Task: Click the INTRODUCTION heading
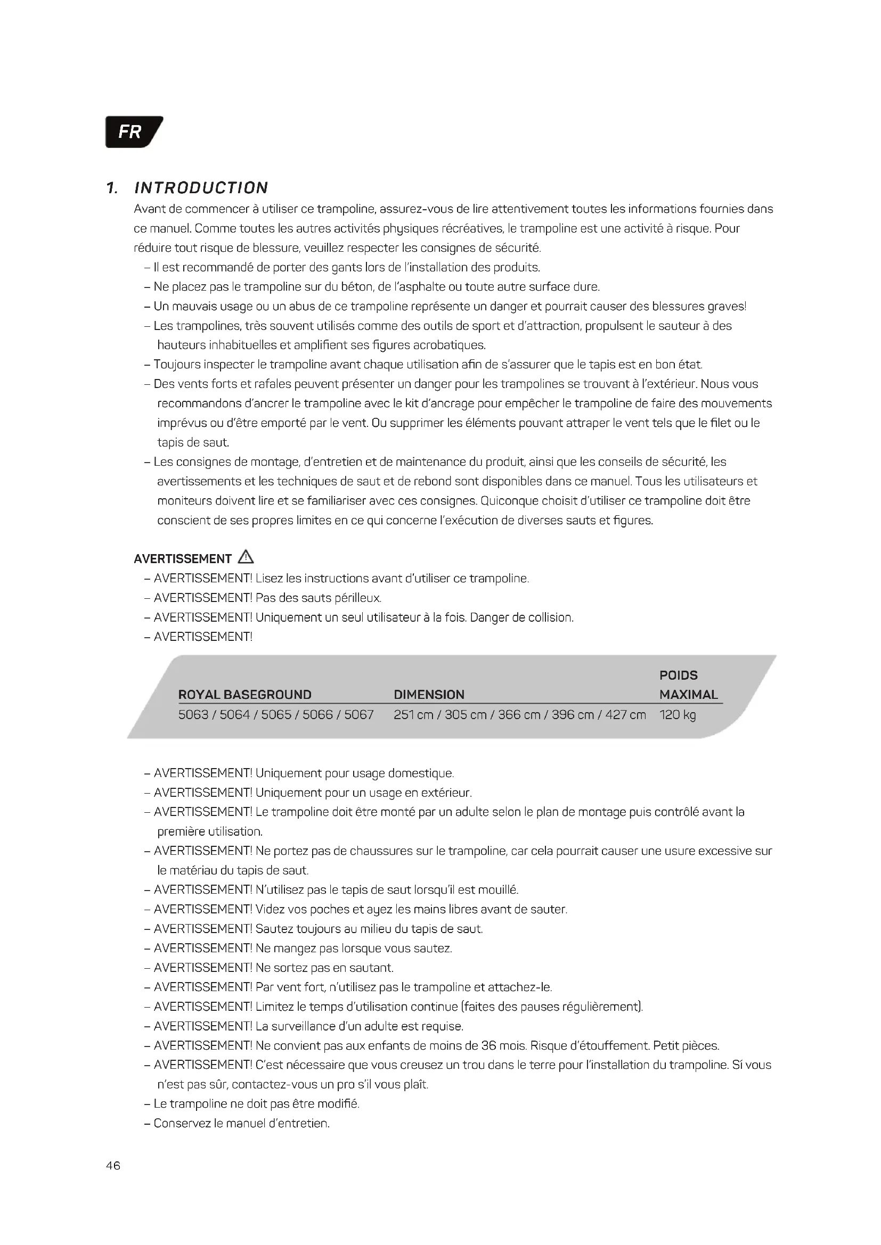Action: pyautogui.click(x=201, y=188)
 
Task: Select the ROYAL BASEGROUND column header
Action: pyautogui.click(x=244, y=695)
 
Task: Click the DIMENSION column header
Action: pyautogui.click(x=429, y=695)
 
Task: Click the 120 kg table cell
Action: pyautogui.click(x=678, y=715)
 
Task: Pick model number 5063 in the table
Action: pyautogui.click(x=193, y=715)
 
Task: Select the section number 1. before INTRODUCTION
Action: pyautogui.click(x=112, y=188)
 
